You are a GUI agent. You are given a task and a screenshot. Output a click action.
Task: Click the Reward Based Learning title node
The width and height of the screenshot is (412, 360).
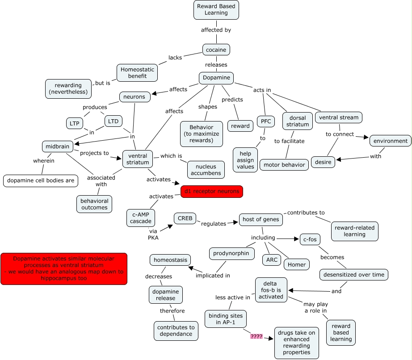point(216,10)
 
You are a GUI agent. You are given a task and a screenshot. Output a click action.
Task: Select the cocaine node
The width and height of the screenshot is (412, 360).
point(216,50)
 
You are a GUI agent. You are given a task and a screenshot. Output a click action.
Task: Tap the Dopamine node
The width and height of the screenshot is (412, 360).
point(216,78)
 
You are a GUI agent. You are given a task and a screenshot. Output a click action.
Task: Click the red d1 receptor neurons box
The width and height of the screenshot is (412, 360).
point(212,192)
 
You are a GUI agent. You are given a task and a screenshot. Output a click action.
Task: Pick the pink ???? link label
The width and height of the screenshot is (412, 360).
point(256,336)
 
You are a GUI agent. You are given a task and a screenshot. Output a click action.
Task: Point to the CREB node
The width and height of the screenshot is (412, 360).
point(185,219)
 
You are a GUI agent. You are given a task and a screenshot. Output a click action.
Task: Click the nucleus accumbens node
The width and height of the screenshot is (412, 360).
point(206,170)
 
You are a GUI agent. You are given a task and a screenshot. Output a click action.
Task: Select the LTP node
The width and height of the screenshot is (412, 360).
point(73,123)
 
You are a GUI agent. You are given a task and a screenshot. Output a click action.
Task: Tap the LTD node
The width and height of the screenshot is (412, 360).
point(113,121)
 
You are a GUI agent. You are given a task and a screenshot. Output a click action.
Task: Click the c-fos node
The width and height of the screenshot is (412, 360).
point(310,240)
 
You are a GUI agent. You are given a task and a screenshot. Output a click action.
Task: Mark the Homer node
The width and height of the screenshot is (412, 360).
point(297,264)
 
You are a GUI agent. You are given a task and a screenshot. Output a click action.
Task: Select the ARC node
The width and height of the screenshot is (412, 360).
point(272,260)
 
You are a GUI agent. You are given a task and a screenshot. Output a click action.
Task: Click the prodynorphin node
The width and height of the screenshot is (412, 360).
point(232,254)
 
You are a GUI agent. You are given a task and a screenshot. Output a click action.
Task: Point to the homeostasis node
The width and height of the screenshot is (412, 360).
point(170,260)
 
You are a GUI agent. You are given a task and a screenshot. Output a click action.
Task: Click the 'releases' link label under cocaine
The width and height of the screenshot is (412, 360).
point(216,65)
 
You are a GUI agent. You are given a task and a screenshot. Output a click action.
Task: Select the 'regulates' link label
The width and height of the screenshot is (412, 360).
point(214,224)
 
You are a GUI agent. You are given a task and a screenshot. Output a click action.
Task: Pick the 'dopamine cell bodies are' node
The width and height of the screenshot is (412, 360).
point(40,180)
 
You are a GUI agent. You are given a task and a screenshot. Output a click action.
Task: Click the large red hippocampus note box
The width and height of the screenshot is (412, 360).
point(64,269)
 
